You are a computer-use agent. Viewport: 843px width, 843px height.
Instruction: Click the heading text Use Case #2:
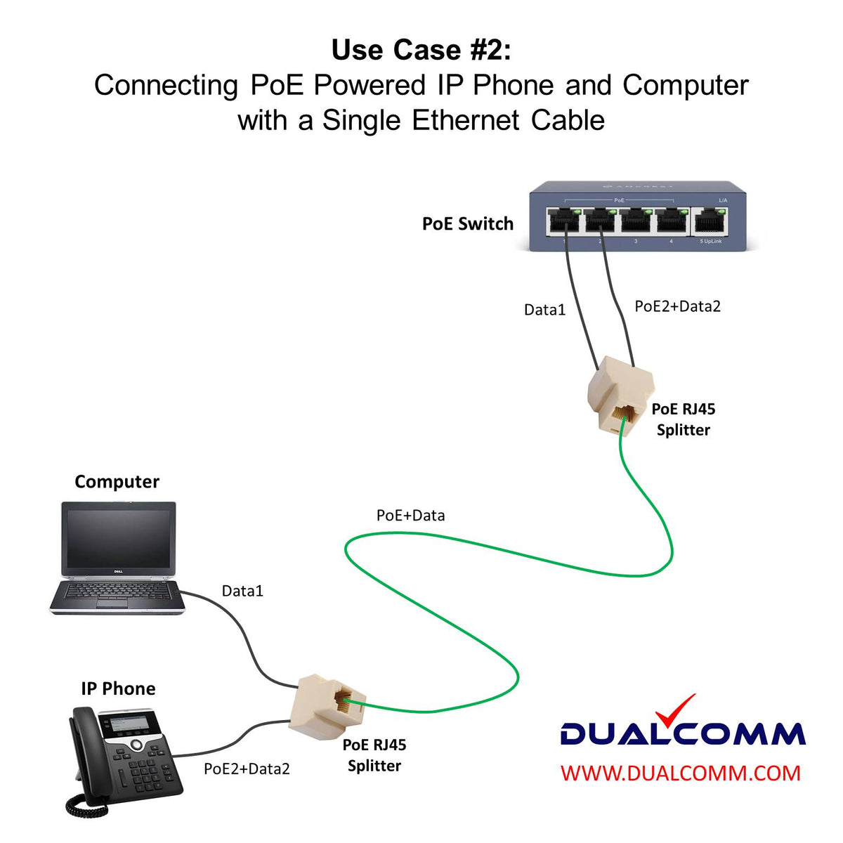[421, 51]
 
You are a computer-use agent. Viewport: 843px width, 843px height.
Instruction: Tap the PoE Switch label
[467, 224]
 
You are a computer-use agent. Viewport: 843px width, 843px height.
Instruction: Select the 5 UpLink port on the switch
[710, 223]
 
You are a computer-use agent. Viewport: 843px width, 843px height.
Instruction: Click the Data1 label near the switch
[544, 310]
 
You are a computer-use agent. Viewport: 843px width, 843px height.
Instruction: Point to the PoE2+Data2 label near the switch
[677, 306]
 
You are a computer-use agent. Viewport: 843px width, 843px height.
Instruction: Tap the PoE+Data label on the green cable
[410, 516]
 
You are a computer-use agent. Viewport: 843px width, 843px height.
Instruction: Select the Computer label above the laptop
[117, 482]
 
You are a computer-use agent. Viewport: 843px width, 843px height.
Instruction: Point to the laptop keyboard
[116, 594]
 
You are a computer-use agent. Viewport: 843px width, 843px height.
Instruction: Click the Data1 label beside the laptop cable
[242, 591]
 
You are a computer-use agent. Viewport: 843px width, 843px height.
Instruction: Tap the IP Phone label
[118, 688]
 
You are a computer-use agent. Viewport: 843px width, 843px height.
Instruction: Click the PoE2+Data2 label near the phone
[247, 769]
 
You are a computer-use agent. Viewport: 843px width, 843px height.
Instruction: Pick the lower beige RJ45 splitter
[327, 706]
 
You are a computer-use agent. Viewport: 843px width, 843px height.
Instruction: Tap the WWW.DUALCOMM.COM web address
[680, 773]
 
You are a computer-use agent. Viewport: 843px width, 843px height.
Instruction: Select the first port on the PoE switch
[564, 222]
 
